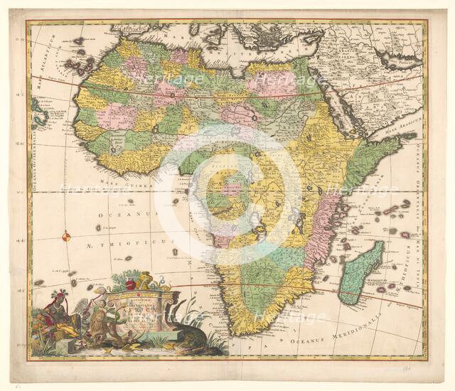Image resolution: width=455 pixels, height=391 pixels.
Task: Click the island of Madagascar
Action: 360,273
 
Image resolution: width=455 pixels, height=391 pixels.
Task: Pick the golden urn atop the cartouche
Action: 146,279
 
